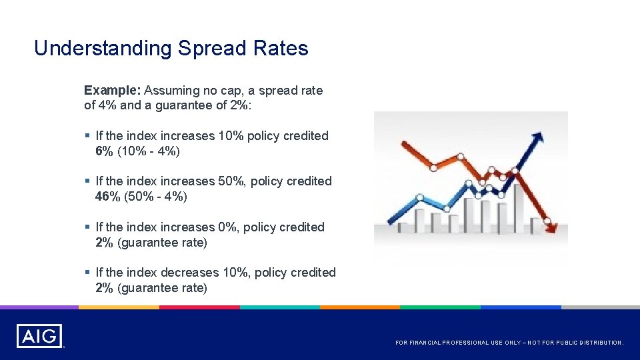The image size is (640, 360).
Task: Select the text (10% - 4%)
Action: (149, 151)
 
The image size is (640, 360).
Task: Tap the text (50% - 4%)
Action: (152, 197)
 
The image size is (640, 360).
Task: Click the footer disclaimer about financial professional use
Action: (509, 343)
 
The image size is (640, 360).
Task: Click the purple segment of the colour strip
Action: (39, 307)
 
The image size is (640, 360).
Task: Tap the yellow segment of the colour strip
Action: (119, 307)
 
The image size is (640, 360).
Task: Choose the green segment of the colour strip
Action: (440, 307)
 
